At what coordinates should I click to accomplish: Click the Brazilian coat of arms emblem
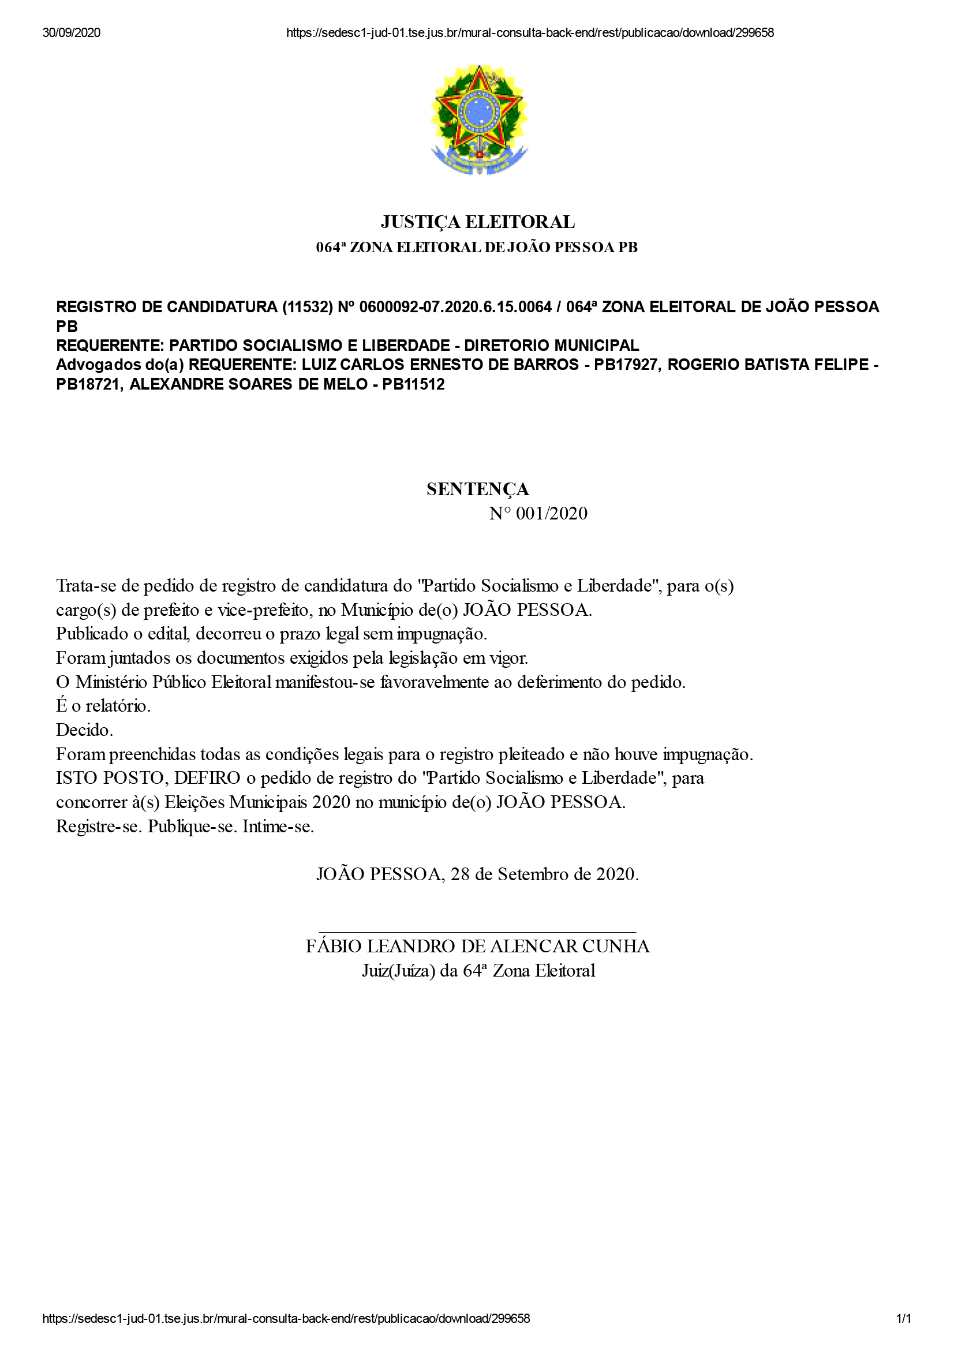click(x=478, y=120)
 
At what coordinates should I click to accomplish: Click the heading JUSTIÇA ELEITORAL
click(x=477, y=222)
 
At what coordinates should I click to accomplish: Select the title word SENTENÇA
click(x=477, y=489)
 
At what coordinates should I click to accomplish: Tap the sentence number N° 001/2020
click(x=538, y=513)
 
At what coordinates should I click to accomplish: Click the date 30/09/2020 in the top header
click(x=71, y=33)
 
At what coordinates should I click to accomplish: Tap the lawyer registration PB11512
click(x=413, y=384)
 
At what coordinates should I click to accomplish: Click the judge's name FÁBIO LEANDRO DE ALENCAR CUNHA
click(x=477, y=946)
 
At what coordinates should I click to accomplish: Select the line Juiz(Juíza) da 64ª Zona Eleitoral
click(x=478, y=970)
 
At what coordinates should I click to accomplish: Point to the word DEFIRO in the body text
click(x=207, y=778)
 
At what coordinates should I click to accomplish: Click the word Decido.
click(x=84, y=730)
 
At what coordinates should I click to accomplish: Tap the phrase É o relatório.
click(x=103, y=705)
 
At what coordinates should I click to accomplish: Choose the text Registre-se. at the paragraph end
click(x=98, y=826)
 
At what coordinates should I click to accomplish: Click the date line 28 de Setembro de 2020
click(x=544, y=874)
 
